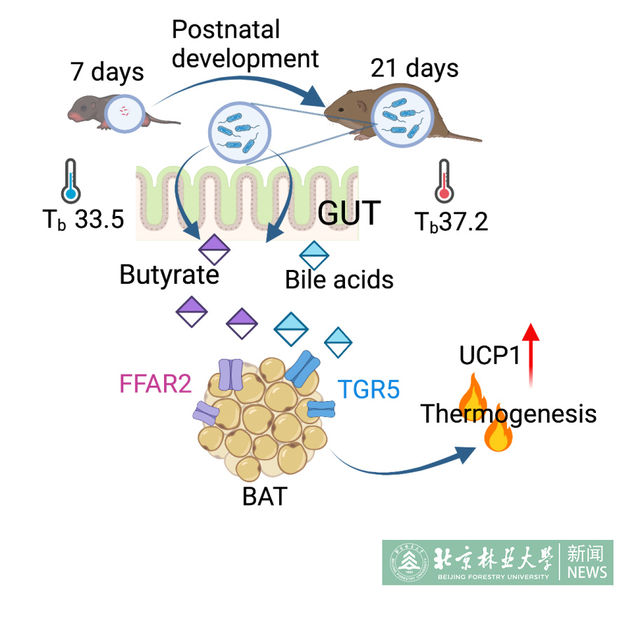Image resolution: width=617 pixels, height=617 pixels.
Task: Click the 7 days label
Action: (x=107, y=72)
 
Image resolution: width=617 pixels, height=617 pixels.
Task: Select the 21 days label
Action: (x=414, y=69)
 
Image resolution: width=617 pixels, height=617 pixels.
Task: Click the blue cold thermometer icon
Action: (x=69, y=181)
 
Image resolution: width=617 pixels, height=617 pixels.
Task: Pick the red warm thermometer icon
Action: (x=443, y=181)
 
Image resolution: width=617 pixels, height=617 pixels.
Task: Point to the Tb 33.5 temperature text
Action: (x=83, y=219)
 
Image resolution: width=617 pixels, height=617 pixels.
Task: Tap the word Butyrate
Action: (x=169, y=274)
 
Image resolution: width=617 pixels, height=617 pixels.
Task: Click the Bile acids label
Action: (x=339, y=280)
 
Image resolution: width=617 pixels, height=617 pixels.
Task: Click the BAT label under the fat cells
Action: (x=264, y=496)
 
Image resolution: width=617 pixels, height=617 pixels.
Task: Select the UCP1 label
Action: (x=489, y=356)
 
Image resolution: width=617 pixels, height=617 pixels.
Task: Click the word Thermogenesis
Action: (x=508, y=414)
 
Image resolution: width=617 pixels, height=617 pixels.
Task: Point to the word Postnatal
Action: (x=226, y=29)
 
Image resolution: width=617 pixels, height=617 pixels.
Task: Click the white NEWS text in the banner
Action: (x=588, y=573)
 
